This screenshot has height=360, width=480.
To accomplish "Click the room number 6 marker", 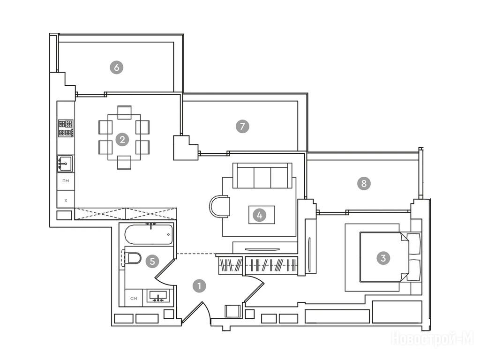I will coord(116,67).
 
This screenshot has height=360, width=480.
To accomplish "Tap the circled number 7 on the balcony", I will coord(242,126).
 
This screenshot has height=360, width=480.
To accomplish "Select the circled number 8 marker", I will coord(363,183).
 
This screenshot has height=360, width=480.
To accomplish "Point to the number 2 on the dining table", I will coord(122,139).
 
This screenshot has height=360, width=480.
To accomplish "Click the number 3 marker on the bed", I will coord(383,257).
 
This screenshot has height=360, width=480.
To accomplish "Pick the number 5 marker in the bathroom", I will coord(151,261).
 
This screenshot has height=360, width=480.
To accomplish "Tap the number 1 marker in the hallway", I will coord(199,285).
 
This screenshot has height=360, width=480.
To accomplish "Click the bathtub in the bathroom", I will coord(149,233).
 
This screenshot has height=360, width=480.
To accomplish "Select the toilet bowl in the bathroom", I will coord(133,258).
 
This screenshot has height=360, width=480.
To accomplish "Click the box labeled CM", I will coord(134,298).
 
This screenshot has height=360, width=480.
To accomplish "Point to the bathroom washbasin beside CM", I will coord(159,297).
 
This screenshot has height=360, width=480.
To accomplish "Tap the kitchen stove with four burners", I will coord(66,128).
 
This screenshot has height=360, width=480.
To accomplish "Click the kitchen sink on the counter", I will coord(65,164).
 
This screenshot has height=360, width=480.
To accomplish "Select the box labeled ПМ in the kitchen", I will coord(66,181).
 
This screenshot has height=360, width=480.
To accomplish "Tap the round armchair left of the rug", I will coord(219,206).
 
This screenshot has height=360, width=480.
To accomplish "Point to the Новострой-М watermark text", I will coord(432,338).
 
